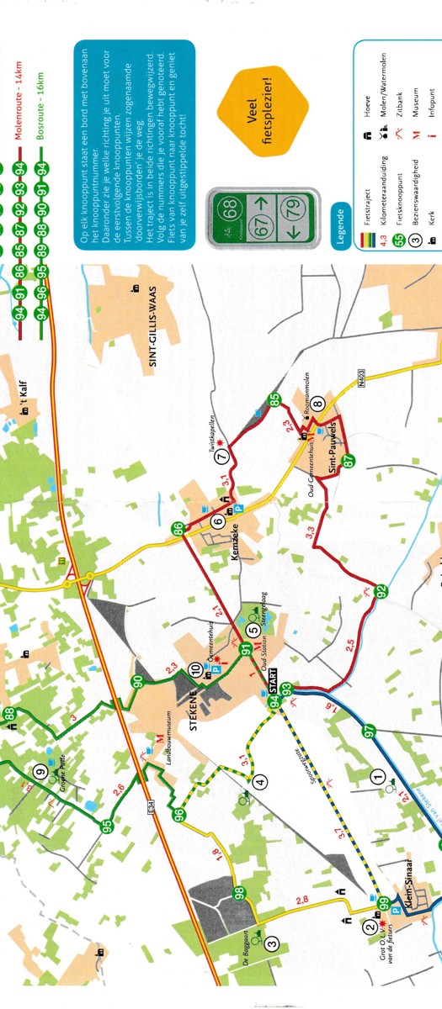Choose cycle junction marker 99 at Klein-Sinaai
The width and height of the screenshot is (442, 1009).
[x=384, y=904]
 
